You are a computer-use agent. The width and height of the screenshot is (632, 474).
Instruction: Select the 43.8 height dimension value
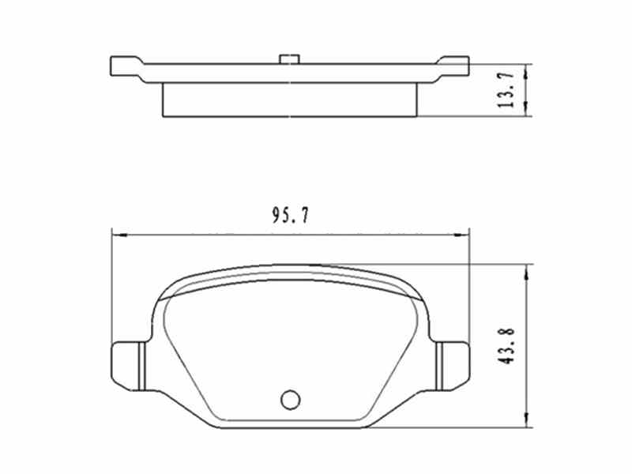click(507, 347)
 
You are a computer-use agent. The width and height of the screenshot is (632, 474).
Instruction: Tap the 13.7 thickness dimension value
click(508, 89)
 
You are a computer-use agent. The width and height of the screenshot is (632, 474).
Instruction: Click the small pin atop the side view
click(289, 58)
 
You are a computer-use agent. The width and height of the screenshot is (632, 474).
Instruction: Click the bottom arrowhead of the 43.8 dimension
click(527, 423)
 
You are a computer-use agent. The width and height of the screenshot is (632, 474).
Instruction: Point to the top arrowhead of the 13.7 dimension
click(527, 69)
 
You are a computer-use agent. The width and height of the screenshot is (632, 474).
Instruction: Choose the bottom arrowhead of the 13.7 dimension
click(527, 112)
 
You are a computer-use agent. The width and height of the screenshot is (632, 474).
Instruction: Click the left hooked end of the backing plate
click(123, 65)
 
